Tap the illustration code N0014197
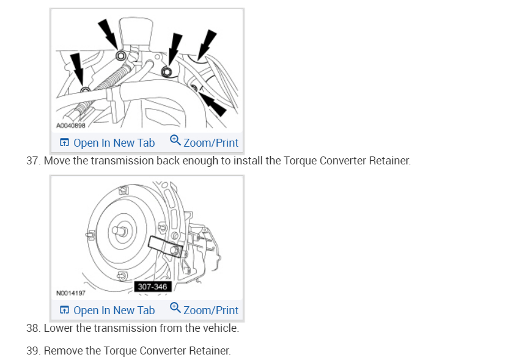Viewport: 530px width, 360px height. pyautogui.click(x=70, y=293)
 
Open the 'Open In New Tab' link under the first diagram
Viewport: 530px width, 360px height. pyautogui.click(x=114, y=143)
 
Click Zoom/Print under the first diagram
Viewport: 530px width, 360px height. pyautogui.click(x=210, y=143)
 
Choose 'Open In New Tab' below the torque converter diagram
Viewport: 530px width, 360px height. pyautogui.click(x=114, y=310)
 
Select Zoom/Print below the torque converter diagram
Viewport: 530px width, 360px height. pyautogui.click(x=210, y=310)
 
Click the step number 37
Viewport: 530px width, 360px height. pyautogui.click(x=32, y=161)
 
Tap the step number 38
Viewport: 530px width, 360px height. pyautogui.click(x=32, y=329)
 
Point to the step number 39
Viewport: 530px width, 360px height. pyautogui.click(x=32, y=351)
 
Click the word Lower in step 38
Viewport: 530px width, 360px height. pyautogui.click(x=59, y=329)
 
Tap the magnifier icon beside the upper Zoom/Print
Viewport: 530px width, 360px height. pyautogui.click(x=175, y=141)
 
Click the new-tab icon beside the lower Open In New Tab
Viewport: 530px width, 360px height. pyautogui.click(x=64, y=310)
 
